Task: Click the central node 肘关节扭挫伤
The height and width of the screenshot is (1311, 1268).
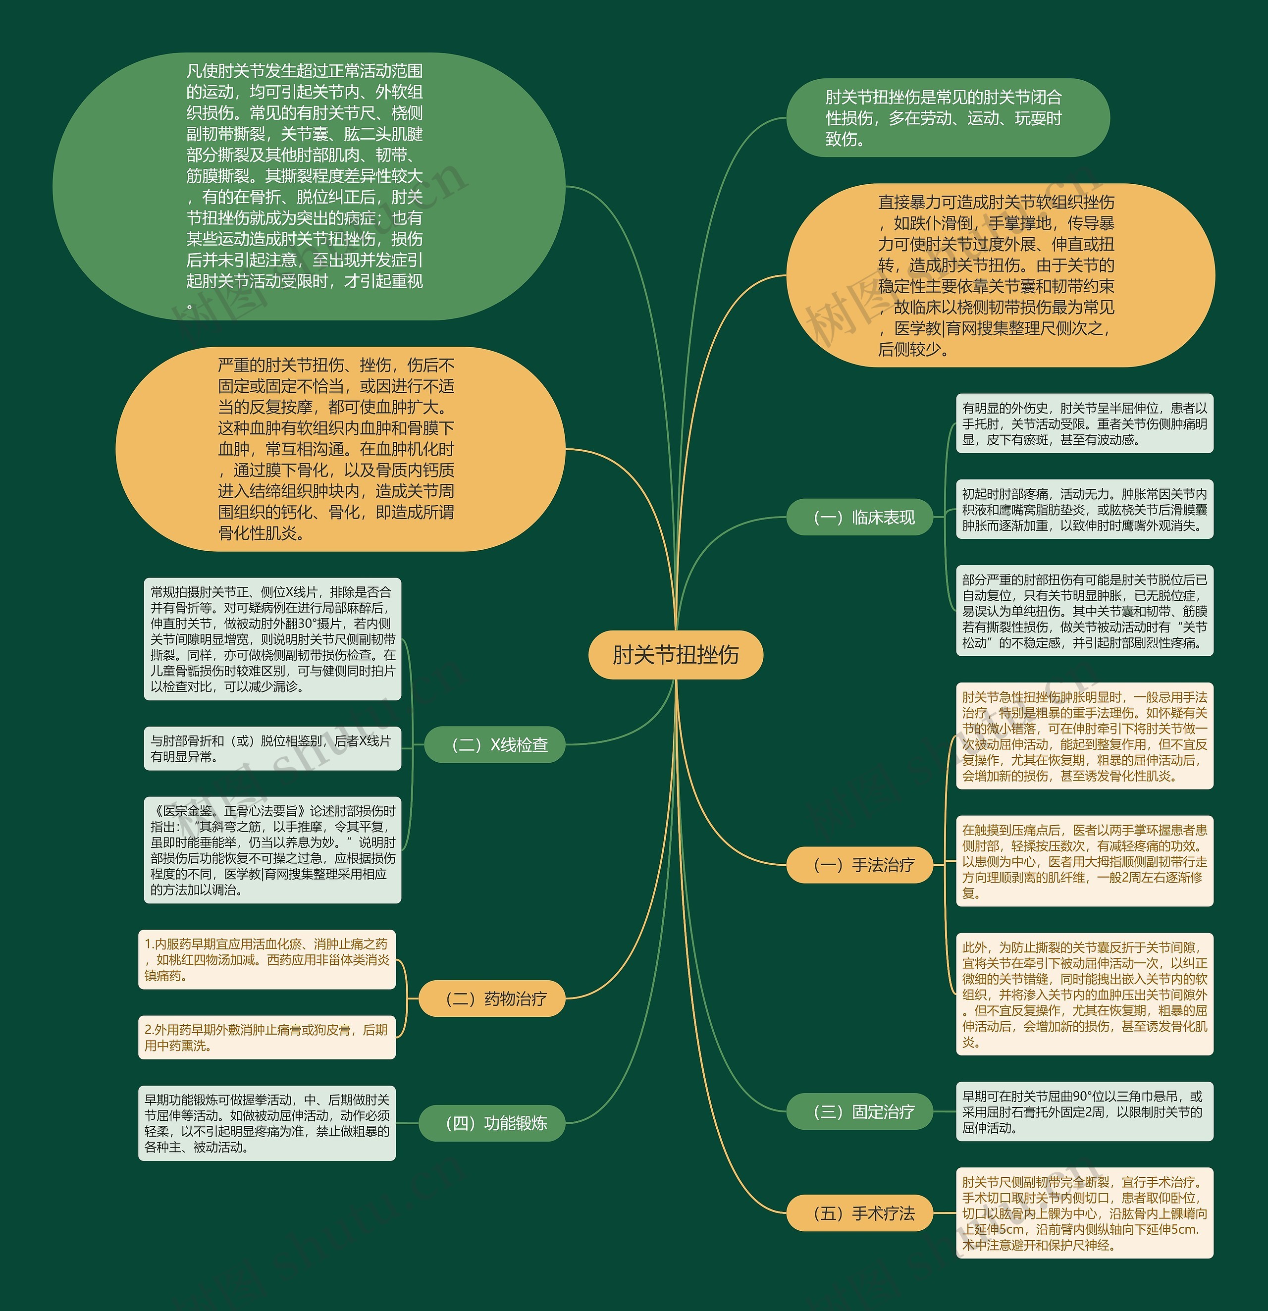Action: point(676,655)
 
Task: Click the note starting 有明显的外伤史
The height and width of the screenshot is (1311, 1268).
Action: point(1084,423)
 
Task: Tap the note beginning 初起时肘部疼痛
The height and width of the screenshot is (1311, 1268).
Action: point(1084,509)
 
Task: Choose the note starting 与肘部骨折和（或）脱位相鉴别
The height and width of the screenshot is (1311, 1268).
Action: point(272,748)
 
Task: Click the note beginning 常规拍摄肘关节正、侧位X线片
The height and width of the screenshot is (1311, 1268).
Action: point(272,639)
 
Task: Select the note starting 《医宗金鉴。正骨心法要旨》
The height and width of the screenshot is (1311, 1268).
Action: point(272,849)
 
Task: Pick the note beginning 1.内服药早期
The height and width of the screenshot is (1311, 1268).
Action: point(267,959)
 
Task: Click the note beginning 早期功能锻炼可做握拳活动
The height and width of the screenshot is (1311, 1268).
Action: point(267,1123)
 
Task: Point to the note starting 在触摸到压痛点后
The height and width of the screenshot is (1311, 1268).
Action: point(1084,861)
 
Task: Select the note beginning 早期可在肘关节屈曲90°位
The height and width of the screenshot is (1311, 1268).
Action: point(1084,1112)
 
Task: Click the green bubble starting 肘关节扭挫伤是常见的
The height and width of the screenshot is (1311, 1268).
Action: point(947,118)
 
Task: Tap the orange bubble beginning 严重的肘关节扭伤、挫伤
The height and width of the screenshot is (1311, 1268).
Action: point(340,449)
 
